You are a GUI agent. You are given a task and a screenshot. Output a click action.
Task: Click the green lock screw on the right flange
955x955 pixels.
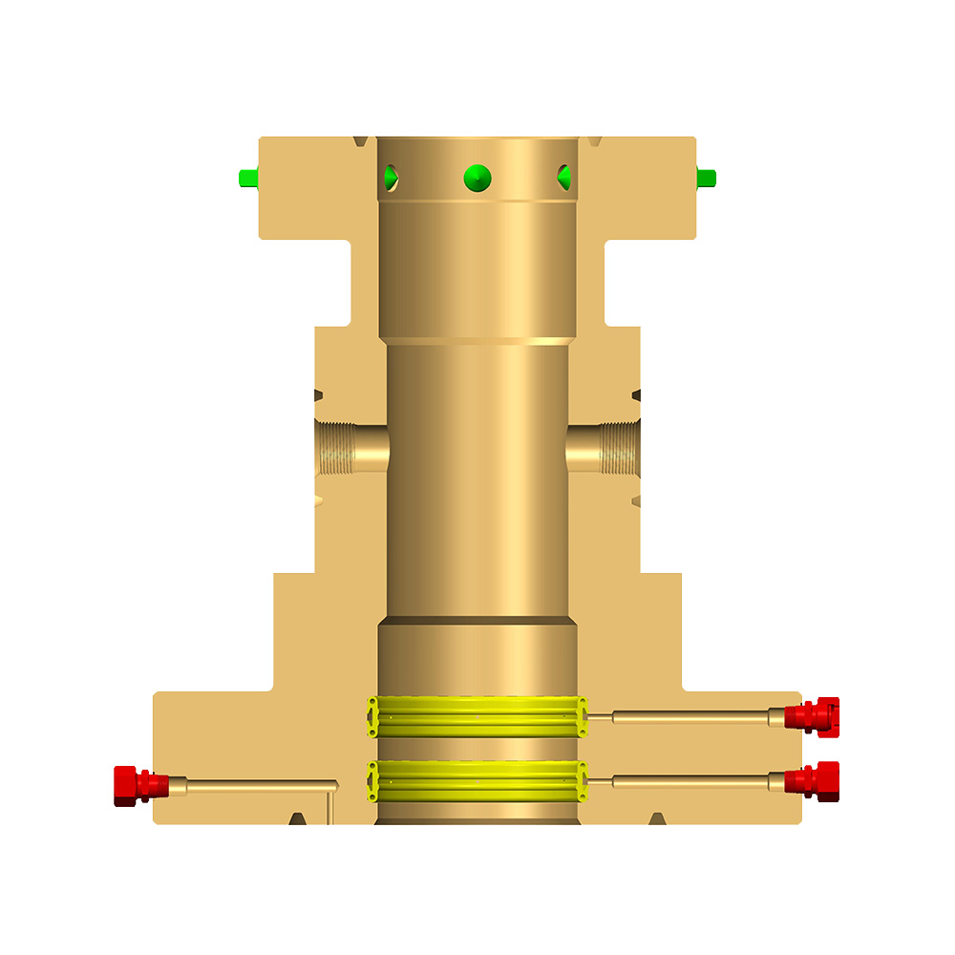pyautogui.click(x=707, y=178)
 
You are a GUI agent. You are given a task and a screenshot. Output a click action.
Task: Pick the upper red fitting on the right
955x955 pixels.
pyautogui.click(x=811, y=715)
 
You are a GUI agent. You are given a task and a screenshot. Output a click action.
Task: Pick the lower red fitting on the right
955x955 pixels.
pyautogui.click(x=811, y=780)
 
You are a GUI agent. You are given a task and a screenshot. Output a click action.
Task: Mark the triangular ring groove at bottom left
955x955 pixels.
pyautogui.click(x=298, y=818)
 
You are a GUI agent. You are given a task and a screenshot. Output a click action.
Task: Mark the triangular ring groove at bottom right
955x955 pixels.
pyautogui.click(x=656, y=818)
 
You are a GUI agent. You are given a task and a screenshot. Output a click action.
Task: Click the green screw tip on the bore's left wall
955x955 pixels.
pyautogui.click(x=390, y=177)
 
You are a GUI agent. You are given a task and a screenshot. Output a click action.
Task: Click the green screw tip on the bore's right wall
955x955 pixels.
pyautogui.click(x=564, y=177)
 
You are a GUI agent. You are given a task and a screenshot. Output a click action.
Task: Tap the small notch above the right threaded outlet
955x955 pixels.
pyautogui.click(x=636, y=393)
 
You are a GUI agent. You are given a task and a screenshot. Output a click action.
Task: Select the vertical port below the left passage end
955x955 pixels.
pyautogui.click(x=330, y=807)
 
